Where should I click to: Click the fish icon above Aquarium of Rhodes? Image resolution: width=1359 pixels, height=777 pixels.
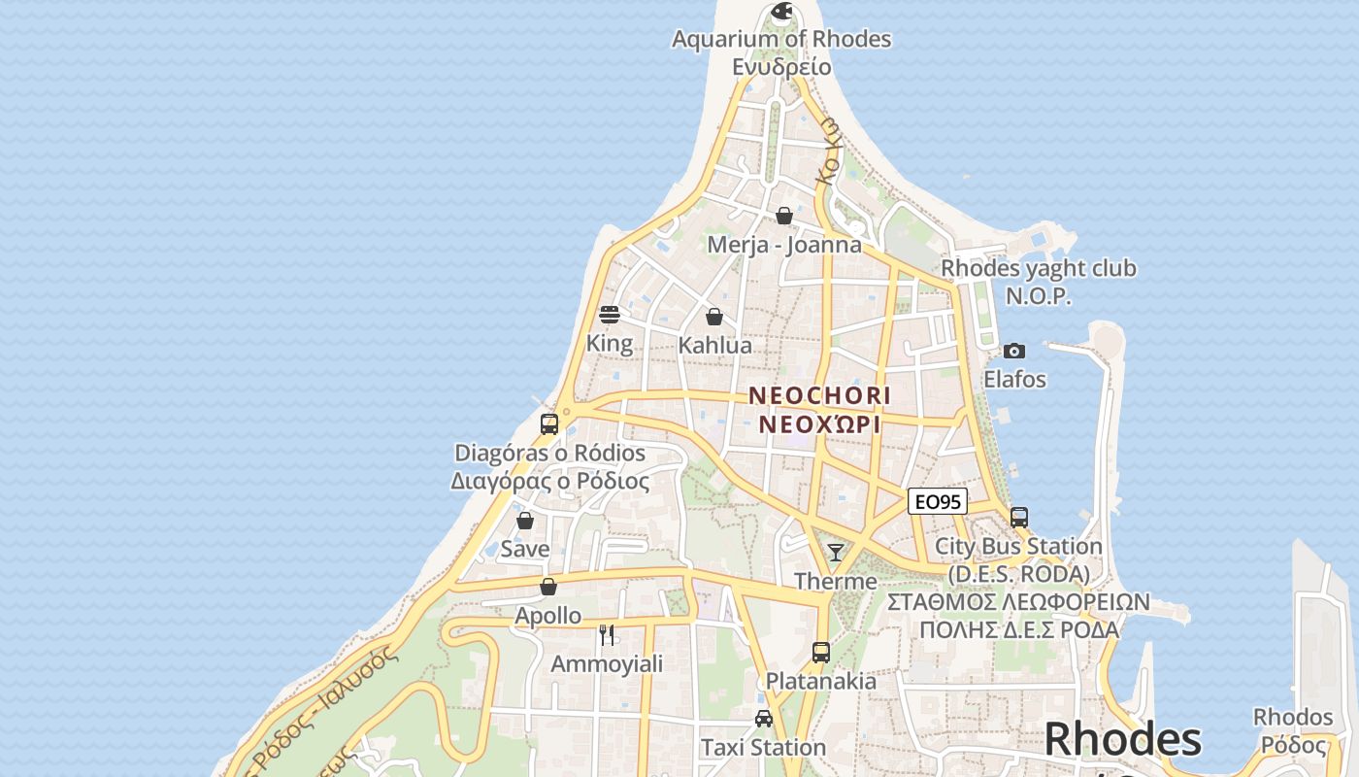pyautogui.click(x=781, y=12)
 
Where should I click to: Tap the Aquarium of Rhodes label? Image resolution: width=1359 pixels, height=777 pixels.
pyautogui.click(x=781, y=40)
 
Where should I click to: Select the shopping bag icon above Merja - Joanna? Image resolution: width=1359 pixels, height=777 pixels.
pyautogui.click(x=784, y=216)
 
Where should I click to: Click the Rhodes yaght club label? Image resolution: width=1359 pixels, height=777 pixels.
pyautogui.click(x=1038, y=268)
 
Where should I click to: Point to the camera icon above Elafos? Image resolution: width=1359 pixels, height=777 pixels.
pyautogui.click(x=1014, y=351)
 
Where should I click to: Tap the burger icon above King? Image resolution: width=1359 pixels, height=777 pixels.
pyautogui.click(x=610, y=315)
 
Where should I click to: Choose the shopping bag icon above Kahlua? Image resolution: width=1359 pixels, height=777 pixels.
pyautogui.click(x=714, y=317)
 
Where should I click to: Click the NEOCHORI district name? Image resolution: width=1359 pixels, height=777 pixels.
pyautogui.click(x=819, y=396)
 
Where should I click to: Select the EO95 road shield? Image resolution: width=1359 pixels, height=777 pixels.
pyautogui.click(x=938, y=501)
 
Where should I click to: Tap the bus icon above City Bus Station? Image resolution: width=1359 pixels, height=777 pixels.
pyautogui.click(x=1018, y=518)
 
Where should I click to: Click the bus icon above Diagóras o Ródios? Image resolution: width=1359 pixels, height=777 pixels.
pyautogui.click(x=549, y=424)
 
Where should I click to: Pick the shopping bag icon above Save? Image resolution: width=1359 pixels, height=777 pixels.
pyautogui.click(x=525, y=521)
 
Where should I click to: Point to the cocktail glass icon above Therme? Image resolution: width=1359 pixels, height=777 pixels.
pyautogui.click(x=835, y=553)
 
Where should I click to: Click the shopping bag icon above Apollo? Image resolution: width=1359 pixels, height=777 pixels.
pyautogui.click(x=548, y=587)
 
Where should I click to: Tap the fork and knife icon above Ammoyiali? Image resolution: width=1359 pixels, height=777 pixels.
pyautogui.click(x=607, y=635)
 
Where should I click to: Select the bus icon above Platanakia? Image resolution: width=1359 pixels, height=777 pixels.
pyautogui.click(x=820, y=652)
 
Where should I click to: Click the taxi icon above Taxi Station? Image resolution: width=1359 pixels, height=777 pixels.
pyautogui.click(x=764, y=719)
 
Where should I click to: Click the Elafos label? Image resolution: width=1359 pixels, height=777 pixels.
pyautogui.click(x=1014, y=380)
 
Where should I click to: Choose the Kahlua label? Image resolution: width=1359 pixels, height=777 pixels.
pyautogui.click(x=714, y=346)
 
